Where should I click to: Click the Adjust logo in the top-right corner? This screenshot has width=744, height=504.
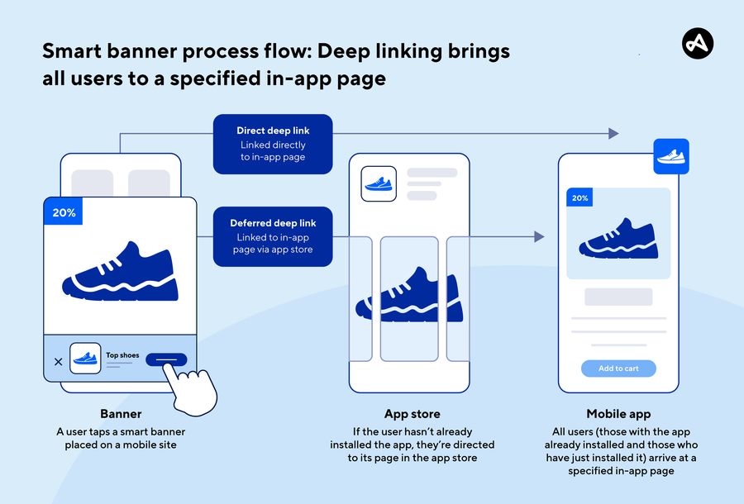pos(697,44)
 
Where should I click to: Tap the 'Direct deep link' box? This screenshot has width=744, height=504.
pos(273,144)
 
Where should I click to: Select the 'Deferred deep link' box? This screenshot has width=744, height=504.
pos(273,236)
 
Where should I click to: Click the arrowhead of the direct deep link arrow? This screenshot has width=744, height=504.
pos(613,133)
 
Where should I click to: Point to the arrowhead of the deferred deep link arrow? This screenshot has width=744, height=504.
pos(539,237)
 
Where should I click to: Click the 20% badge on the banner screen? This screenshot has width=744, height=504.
pos(64,212)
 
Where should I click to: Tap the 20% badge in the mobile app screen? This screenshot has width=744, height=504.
pos(579,198)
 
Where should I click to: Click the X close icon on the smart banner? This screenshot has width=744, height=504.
pos(58,362)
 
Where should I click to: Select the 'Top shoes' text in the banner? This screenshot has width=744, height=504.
pos(122,355)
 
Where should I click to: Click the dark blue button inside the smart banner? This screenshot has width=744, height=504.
pos(166,359)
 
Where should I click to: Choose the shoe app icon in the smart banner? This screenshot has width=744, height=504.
pos(85,359)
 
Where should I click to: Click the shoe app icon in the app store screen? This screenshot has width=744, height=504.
pos(379,183)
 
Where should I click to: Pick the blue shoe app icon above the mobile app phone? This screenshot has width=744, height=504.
pos(670,156)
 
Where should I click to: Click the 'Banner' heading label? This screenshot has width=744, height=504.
pos(122,414)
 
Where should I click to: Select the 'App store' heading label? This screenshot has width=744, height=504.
pos(412,414)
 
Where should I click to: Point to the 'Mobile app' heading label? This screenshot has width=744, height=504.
pos(618,414)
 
